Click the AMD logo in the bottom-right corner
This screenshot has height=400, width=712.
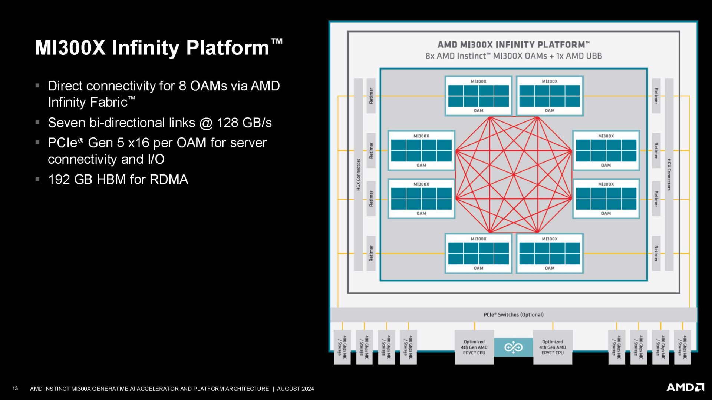685,387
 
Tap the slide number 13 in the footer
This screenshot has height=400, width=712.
15,389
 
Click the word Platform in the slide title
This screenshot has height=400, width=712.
227,48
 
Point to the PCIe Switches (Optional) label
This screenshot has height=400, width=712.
513,315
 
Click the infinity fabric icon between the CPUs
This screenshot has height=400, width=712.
513,347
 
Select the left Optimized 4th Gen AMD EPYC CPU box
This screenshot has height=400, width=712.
474,347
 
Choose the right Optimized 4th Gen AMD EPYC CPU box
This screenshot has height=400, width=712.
553,347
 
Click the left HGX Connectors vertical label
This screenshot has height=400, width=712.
358,174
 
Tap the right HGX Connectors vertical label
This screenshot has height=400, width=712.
669,174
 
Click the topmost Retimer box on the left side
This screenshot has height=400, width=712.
371,96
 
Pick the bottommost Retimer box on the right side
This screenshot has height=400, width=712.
656,253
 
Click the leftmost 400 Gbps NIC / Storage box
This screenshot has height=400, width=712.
342,347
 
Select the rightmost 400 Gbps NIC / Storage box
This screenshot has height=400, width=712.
682,347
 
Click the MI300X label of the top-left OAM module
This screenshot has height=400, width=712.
478,81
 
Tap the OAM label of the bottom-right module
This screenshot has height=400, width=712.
550,268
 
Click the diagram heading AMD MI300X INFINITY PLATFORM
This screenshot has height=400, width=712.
513,45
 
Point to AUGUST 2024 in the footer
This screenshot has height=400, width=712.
295,389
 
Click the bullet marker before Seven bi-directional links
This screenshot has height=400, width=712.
37,122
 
